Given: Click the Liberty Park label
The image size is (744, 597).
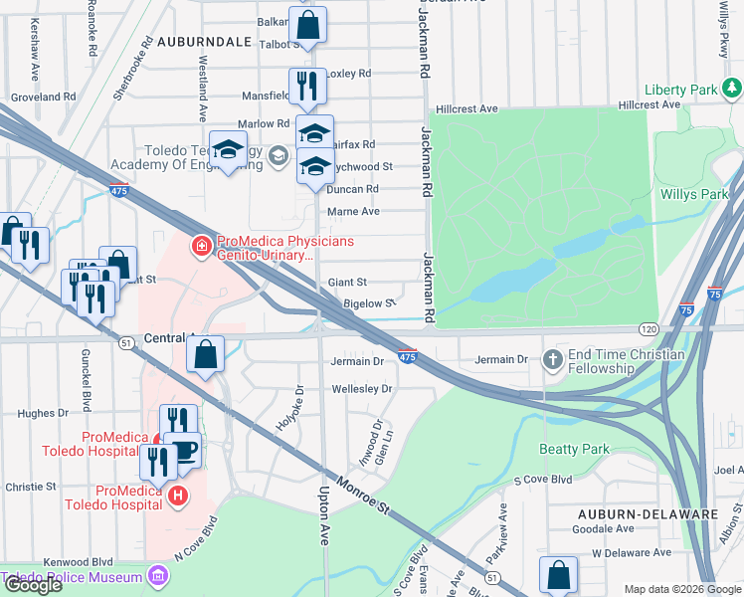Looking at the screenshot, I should (680, 90).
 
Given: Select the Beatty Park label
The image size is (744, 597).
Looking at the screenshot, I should (574, 450).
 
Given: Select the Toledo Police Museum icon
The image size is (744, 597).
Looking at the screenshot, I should (157, 576).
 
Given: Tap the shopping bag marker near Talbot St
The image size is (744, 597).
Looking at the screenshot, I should (309, 24).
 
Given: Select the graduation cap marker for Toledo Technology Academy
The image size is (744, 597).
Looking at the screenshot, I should (228, 150).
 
